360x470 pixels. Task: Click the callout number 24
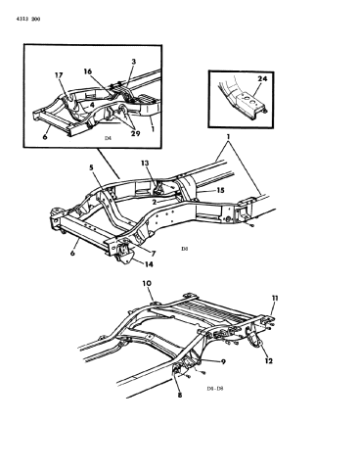pyautogui.click(x=262, y=79)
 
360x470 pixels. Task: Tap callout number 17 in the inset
pyautogui.click(x=59, y=75)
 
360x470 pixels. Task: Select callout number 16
pyautogui.click(x=87, y=71)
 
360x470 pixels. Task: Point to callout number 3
pyautogui.click(x=134, y=62)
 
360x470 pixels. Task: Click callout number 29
pyautogui.click(x=135, y=133)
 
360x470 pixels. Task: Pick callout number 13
pyautogui.click(x=145, y=163)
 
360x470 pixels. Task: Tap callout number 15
pyautogui.click(x=220, y=190)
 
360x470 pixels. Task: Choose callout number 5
pyautogui.click(x=92, y=167)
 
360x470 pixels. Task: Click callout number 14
pyautogui.click(x=149, y=264)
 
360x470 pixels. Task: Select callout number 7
pyautogui.click(x=154, y=254)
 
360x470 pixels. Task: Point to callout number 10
pyautogui.click(x=147, y=283)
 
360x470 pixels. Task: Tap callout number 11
pyautogui.click(x=275, y=298)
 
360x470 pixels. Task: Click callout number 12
pyautogui.click(x=269, y=361)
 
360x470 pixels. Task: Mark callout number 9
pyautogui.click(x=223, y=361)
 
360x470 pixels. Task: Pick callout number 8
pyautogui.click(x=180, y=396)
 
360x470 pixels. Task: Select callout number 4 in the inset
pyautogui.click(x=92, y=106)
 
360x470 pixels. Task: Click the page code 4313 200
pyautogui.click(x=28, y=20)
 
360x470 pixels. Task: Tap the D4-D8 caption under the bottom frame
pyautogui.click(x=215, y=389)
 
